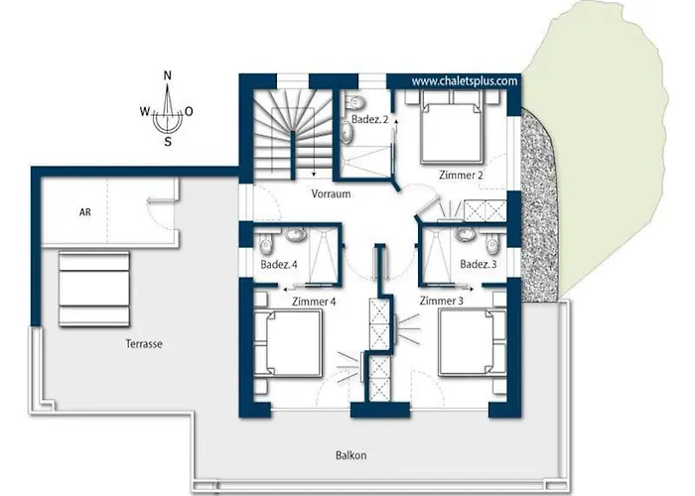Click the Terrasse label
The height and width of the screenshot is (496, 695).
[x=144, y=343]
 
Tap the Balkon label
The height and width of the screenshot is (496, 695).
[x=351, y=455]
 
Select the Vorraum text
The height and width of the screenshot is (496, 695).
[x=331, y=194]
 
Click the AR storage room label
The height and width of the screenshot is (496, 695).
[x=85, y=212]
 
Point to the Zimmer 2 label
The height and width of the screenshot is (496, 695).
[x=461, y=175]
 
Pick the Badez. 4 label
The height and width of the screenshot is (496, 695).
[x=279, y=265]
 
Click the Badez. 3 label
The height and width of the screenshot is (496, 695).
[x=479, y=265]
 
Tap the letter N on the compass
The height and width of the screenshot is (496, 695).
[x=168, y=75]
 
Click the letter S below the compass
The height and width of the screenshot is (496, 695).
[x=168, y=142]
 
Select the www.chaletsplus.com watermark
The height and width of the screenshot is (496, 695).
[x=465, y=81]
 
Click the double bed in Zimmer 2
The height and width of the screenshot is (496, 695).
[x=451, y=127]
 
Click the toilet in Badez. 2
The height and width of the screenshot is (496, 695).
[x=355, y=102]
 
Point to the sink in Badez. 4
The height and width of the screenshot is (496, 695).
[x=294, y=234]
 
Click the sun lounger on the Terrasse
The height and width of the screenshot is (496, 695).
[x=94, y=290]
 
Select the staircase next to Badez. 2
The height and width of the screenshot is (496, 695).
[x=292, y=133]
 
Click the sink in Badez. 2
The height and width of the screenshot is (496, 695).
[x=347, y=132]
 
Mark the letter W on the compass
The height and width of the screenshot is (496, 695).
[x=145, y=111]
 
